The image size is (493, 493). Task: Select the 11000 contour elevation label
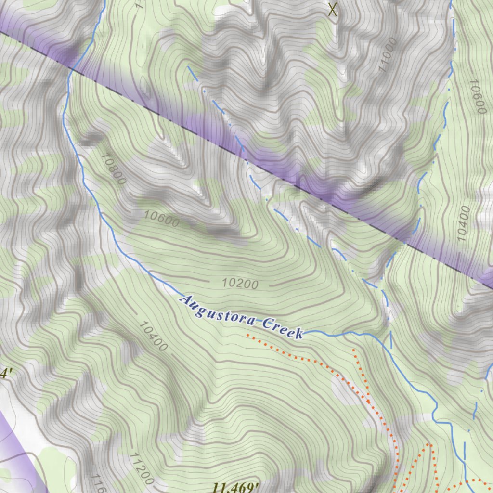(388, 54)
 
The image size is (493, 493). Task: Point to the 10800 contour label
(114, 169)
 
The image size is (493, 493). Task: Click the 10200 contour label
(240, 284)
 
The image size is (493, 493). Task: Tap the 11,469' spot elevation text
(233, 487)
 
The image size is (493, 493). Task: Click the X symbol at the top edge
(332, 9)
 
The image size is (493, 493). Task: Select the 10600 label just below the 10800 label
(162, 220)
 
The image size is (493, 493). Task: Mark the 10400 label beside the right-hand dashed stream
(463, 223)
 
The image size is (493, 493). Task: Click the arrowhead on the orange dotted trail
(368, 401)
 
